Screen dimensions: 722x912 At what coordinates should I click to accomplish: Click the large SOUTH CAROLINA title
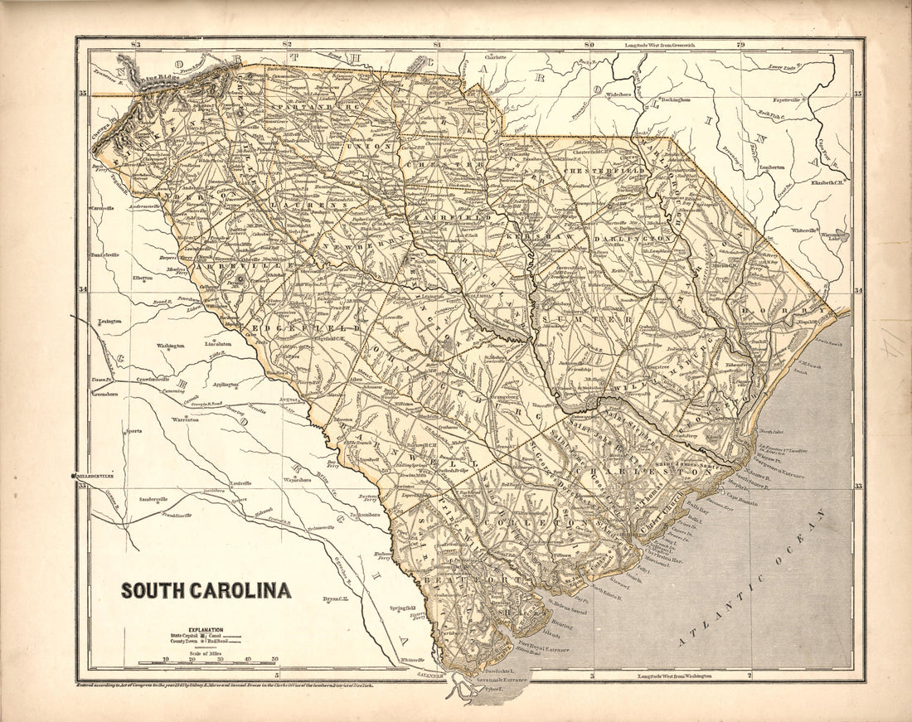(206, 591)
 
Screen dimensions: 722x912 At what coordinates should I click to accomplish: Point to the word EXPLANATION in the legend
(206, 630)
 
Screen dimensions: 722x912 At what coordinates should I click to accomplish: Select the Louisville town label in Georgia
(240, 482)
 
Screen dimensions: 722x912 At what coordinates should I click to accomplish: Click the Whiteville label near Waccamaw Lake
(804, 230)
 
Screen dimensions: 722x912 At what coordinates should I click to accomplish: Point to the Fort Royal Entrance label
(544, 649)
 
